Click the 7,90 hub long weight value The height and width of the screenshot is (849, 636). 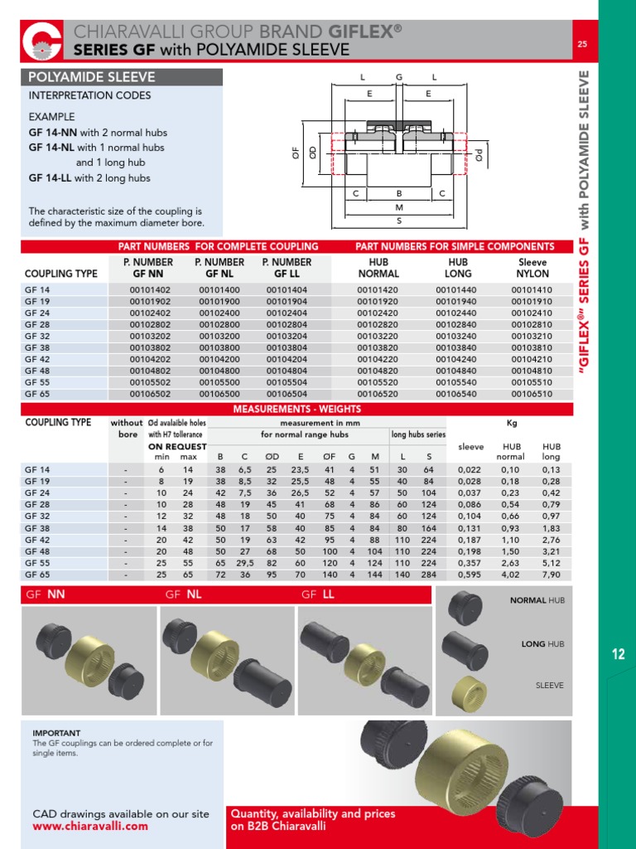point(551,574)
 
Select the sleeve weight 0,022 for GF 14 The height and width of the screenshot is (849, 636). point(470,469)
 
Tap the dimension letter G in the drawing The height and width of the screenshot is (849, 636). point(398,76)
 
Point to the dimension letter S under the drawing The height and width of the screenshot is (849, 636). point(398,221)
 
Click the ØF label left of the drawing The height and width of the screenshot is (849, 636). point(296,152)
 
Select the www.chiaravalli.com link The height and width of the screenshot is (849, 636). point(90,826)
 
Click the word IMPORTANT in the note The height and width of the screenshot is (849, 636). point(56,733)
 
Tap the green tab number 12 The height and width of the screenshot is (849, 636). point(618,655)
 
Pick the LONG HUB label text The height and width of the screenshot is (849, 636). point(542,643)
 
